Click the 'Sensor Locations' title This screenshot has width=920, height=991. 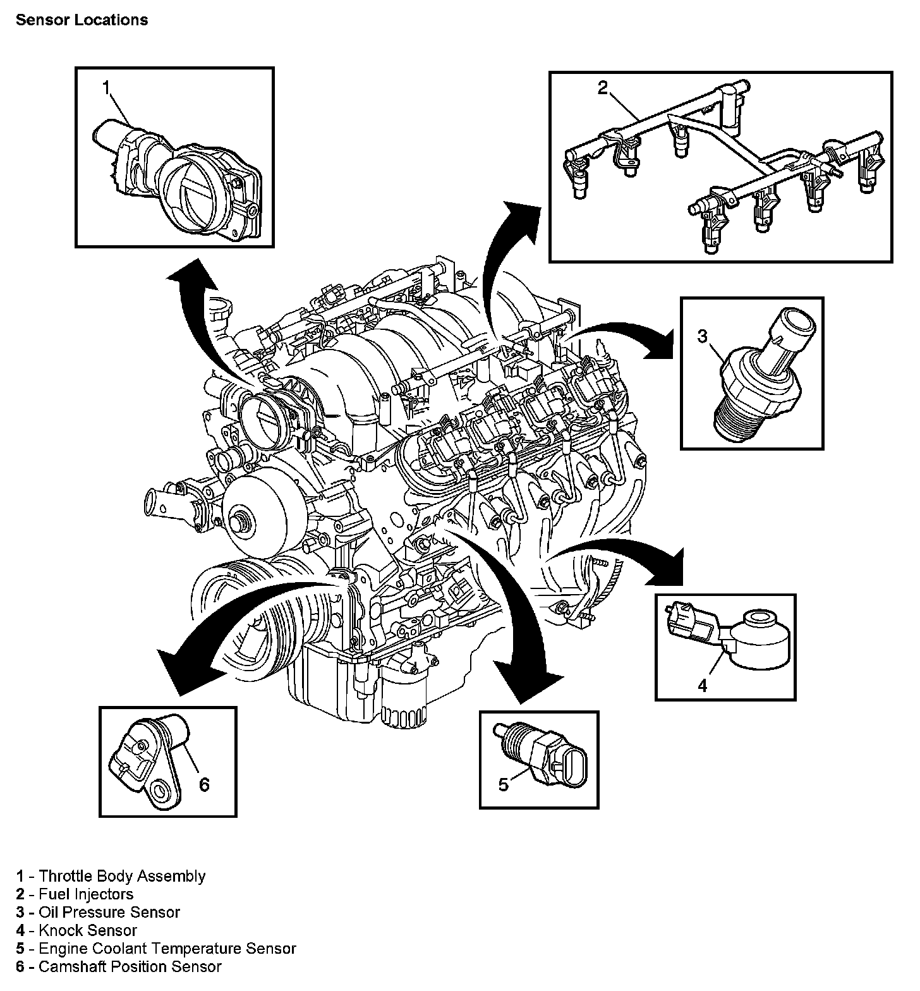point(82,20)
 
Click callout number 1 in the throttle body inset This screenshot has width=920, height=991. point(107,87)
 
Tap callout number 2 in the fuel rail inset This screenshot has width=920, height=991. point(602,88)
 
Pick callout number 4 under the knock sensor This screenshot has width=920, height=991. point(703,685)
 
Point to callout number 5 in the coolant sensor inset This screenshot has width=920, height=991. point(504,784)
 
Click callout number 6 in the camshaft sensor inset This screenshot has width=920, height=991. point(203,784)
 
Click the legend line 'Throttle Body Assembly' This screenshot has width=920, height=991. point(122,876)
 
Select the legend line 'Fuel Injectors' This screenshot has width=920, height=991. point(86,894)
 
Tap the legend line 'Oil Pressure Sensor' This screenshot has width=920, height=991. point(109,912)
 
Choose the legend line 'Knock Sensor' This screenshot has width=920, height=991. point(88,930)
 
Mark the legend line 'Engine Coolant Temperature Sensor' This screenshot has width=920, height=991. point(167,949)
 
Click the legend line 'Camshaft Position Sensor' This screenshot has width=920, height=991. point(130,966)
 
